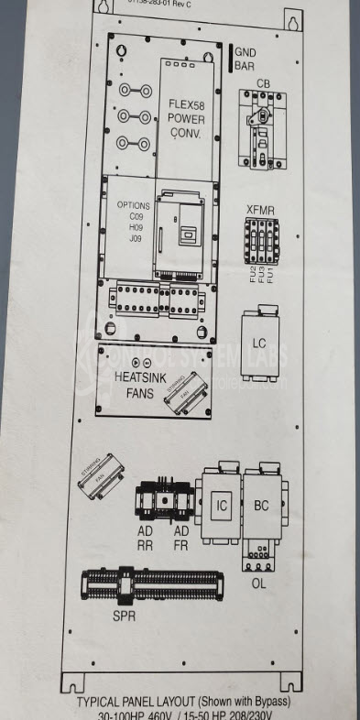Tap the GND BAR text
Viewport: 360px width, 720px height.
coord(245,60)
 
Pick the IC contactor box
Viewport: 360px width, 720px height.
coord(219,504)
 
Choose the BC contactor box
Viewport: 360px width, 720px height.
coord(264,504)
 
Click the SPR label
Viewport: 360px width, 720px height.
coord(125,616)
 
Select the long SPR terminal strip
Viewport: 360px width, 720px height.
coord(152,585)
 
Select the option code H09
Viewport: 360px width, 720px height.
coord(136,227)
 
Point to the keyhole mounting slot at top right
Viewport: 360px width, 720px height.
coord(293,20)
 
